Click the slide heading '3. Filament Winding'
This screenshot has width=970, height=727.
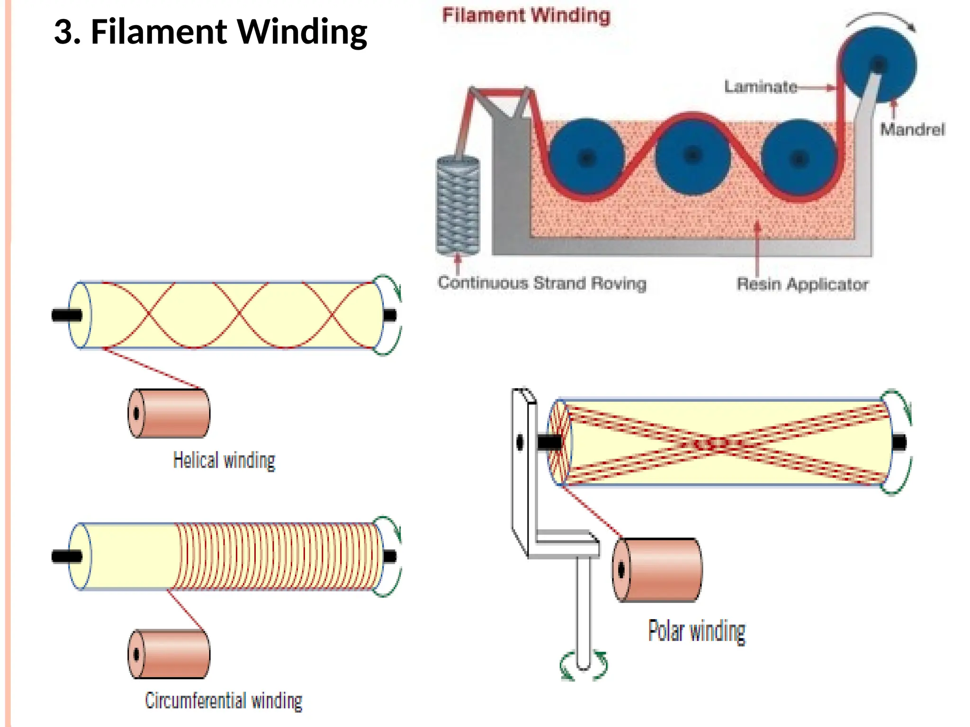click(210, 32)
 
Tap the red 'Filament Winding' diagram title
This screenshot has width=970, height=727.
click(526, 15)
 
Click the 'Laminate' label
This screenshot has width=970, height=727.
click(760, 87)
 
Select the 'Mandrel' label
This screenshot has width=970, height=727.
click(912, 129)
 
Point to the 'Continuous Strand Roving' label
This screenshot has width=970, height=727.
click(542, 283)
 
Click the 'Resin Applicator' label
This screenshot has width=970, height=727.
click(802, 284)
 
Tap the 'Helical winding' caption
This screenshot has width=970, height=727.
click(224, 461)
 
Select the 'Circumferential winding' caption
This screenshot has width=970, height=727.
click(224, 701)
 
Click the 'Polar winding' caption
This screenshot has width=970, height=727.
click(696, 631)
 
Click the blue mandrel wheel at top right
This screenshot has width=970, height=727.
click(879, 64)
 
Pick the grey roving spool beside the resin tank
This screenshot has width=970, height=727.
click(458, 206)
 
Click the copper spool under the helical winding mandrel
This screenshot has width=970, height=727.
click(169, 413)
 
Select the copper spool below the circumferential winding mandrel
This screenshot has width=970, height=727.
click(169, 654)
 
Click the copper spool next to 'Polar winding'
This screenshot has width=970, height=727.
click(657, 570)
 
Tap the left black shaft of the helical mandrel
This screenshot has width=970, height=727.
click(66, 315)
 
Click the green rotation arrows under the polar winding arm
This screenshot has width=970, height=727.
click(584, 666)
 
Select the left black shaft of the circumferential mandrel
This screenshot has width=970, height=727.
click(66, 557)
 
